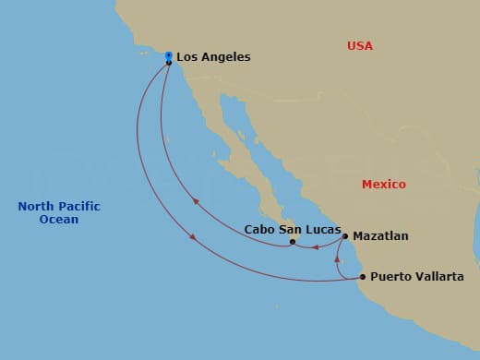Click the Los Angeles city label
[x=213, y=57]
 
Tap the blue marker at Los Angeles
[x=168, y=55]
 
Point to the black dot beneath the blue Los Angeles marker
[x=168, y=63]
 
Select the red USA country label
[x=360, y=45]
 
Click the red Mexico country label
[x=383, y=185]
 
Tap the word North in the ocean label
[x=35, y=207]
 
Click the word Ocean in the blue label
[x=59, y=220]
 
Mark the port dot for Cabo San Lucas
[x=292, y=242]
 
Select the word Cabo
[x=259, y=229]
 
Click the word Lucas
[x=323, y=229]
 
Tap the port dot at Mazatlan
[x=345, y=236]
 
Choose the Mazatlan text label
[x=380, y=236]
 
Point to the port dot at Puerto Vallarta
[x=362, y=277]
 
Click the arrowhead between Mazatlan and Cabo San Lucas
[x=316, y=246]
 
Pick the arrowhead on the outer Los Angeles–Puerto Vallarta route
[x=192, y=237]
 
